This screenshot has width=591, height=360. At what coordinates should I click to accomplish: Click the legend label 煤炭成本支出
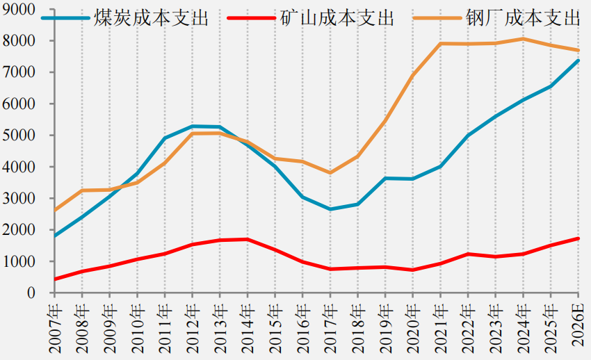click(151, 18)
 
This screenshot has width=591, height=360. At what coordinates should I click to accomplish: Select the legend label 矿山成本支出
click(337, 18)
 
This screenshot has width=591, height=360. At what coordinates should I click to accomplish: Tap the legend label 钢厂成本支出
click(523, 18)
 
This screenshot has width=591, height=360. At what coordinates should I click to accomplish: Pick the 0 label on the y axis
click(31, 293)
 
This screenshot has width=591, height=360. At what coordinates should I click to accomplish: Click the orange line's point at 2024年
click(523, 39)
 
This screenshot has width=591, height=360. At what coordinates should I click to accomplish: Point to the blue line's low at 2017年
click(330, 209)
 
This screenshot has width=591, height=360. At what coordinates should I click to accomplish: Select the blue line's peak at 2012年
click(193, 126)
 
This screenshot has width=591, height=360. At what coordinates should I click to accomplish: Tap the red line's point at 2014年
click(248, 239)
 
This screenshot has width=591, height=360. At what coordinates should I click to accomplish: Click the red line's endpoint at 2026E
click(578, 238)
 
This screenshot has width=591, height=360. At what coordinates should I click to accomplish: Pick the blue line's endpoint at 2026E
click(578, 60)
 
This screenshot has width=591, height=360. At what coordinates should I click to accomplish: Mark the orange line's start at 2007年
click(55, 210)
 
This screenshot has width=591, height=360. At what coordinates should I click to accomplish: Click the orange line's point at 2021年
click(441, 43)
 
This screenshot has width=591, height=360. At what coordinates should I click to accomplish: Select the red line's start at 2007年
click(55, 279)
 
